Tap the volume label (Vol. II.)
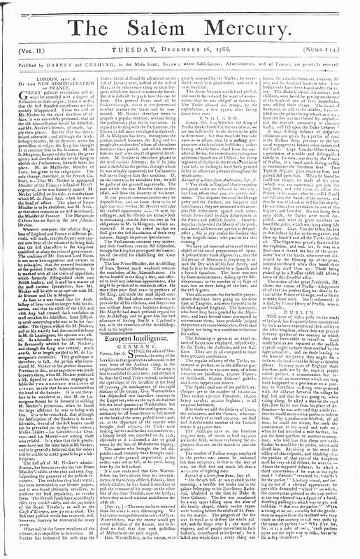(x=27, y=51)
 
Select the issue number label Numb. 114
(x=331, y=51)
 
